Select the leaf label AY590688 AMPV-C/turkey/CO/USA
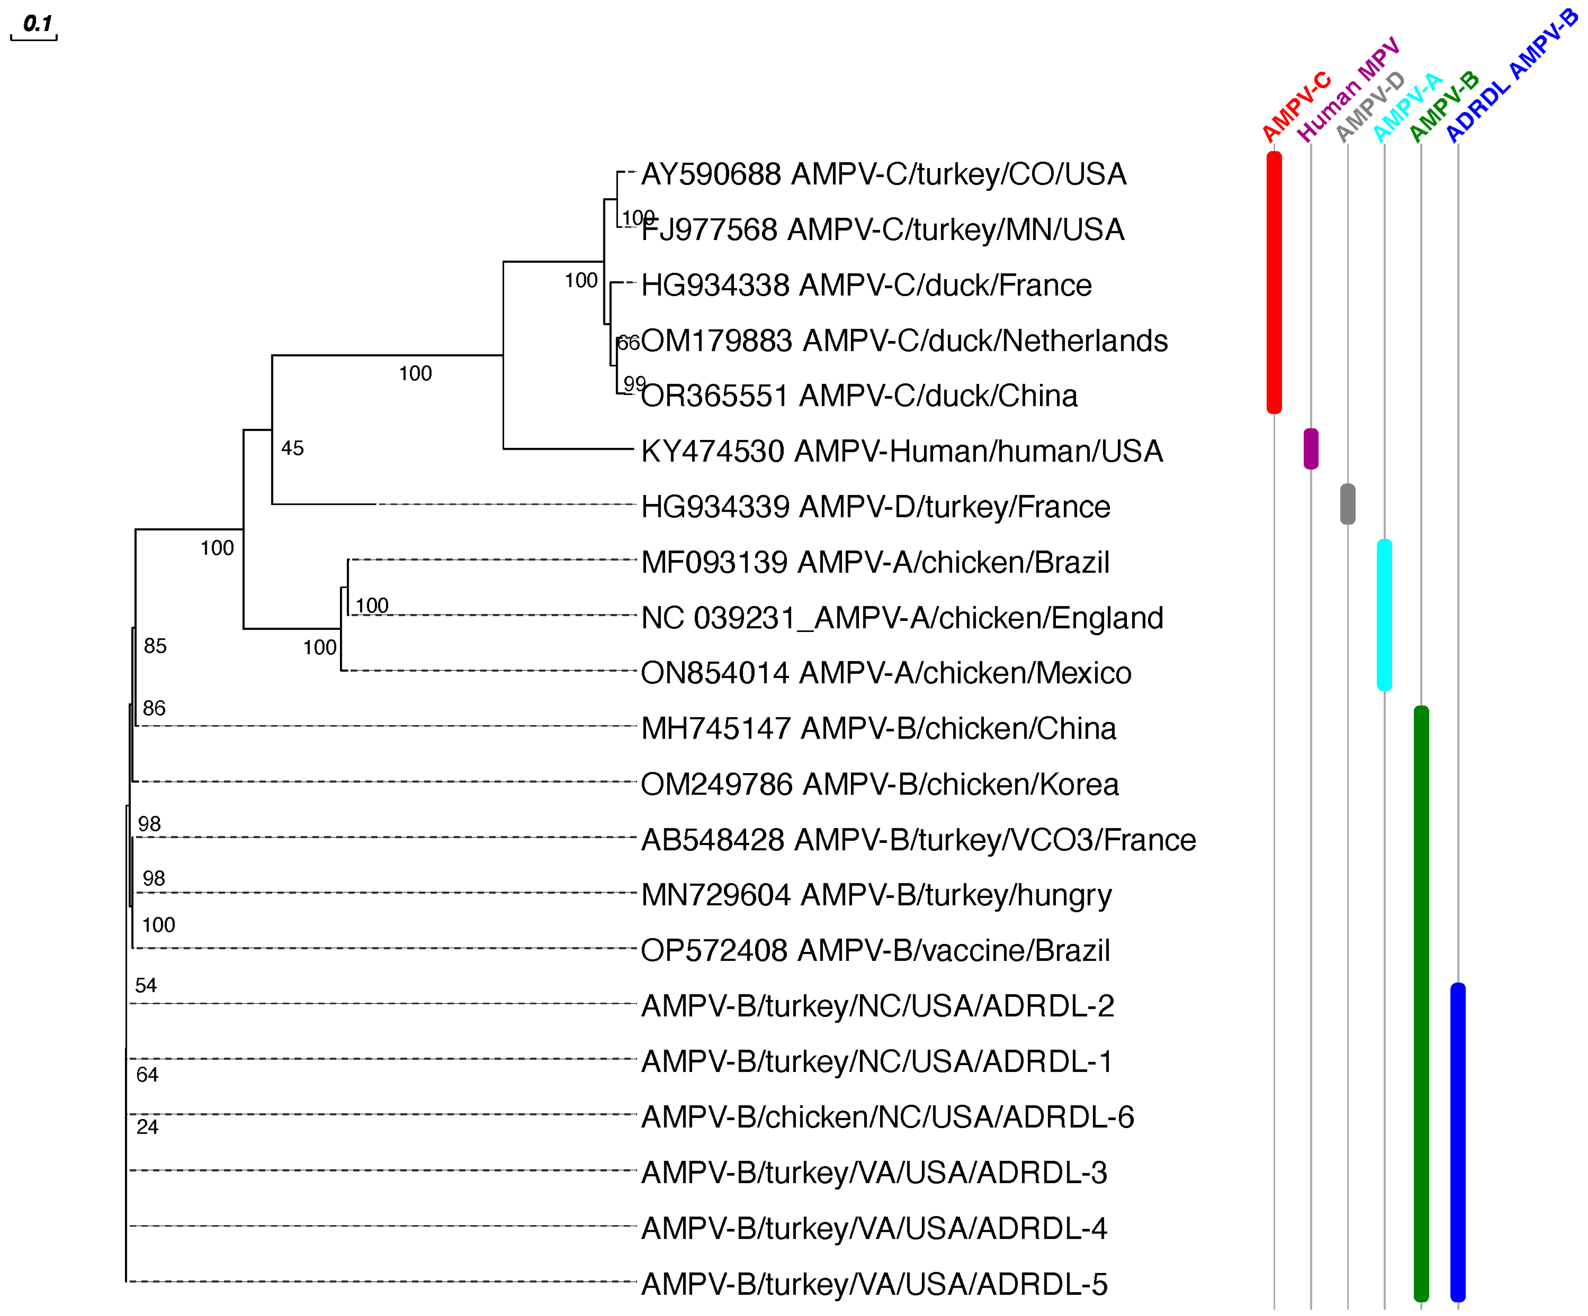pyautogui.click(x=883, y=175)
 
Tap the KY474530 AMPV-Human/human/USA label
pyautogui.click(x=902, y=451)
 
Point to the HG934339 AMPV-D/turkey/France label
pyautogui.click(x=875, y=506)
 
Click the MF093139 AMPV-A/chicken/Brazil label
pyautogui.click(x=875, y=563)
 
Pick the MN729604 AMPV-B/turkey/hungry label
pyautogui.click(x=876, y=895)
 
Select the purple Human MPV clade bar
pyautogui.click(x=1311, y=449)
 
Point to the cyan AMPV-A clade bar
pyautogui.click(x=1384, y=615)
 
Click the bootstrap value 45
pyautogui.click(x=292, y=448)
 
